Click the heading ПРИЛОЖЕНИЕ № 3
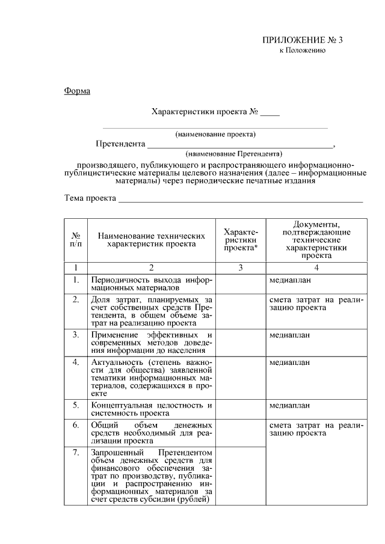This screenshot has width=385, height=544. pyautogui.click(x=303, y=40)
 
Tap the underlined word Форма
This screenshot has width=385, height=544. pyautogui.click(x=77, y=91)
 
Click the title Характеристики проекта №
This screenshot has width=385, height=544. pyautogui.click(x=205, y=112)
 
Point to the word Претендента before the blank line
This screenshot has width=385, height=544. pyautogui.click(x=121, y=144)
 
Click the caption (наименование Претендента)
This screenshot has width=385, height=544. pyautogui.click(x=234, y=154)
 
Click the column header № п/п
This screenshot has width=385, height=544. pyautogui.click(x=76, y=240)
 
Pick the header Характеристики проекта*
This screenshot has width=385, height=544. pyautogui.click(x=240, y=240)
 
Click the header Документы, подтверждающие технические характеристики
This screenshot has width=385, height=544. pyautogui.click(x=316, y=240)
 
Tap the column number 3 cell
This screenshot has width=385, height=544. pyautogui.click(x=240, y=268)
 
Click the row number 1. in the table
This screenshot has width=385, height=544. pyautogui.click(x=76, y=280)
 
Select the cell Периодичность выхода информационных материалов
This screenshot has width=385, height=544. pyautogui.click(x=151, y=284)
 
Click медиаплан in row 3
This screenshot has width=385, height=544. pyautogui.click(x=289, y=335)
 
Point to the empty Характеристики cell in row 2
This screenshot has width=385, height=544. pyautogui.click(x=240, y=310)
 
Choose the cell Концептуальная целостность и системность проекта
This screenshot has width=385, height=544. pyautogui.click(x=151, y=409)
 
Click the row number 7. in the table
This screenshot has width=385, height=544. pyautogui.click(x=76, y=453)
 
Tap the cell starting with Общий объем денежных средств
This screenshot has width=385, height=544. pyautogui.click(x=151, y=432)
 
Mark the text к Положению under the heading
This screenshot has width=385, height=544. pyautogui.click(x=303, y=51)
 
